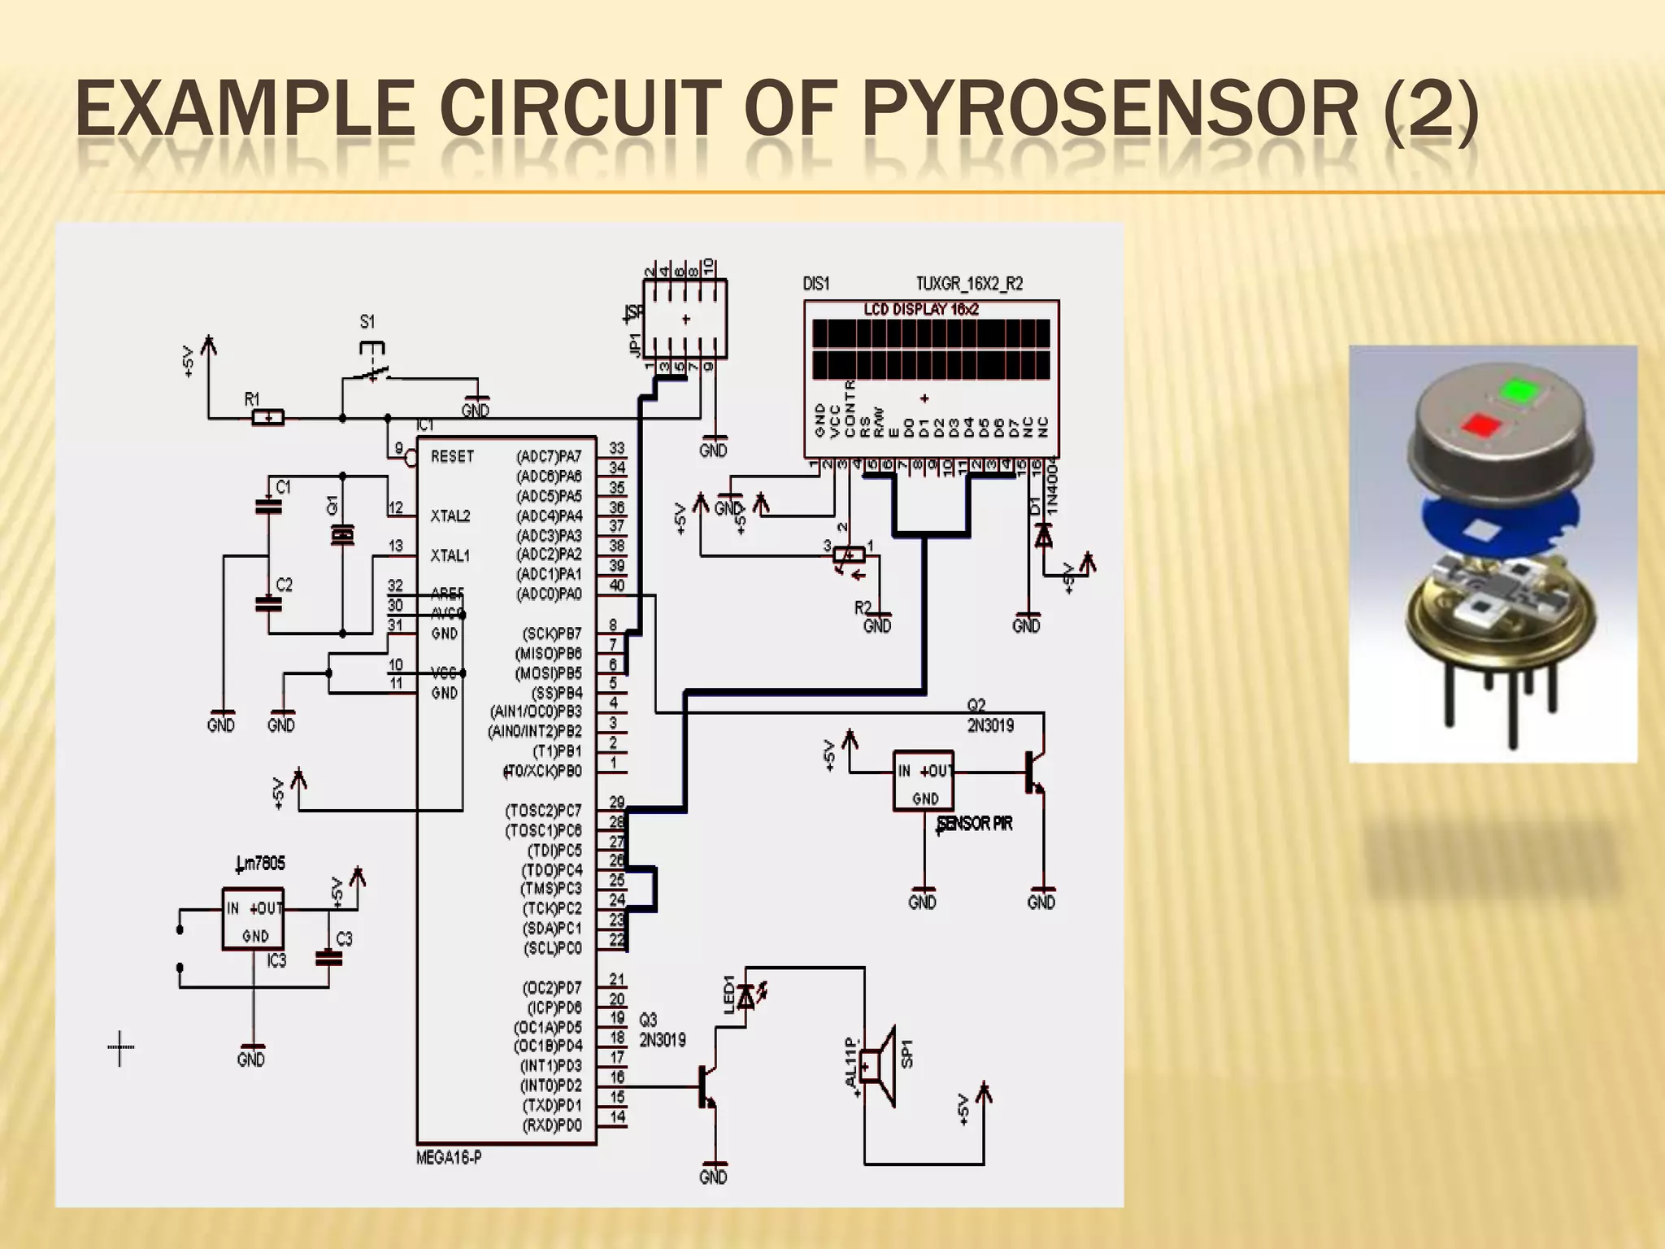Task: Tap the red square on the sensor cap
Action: (1479, 424)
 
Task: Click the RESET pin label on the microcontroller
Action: (452, 457)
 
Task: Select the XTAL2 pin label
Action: (450, 516)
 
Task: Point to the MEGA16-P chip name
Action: (449, 1158)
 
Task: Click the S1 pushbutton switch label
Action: (367, 323)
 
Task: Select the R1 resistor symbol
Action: (267, 419)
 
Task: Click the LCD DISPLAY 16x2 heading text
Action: (921, 310)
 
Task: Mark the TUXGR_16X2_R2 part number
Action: (969, 284)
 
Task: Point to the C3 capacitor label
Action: (345, 939)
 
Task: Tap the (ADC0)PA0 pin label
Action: (549, 594)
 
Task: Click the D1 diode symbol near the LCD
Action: (1042, 535)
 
